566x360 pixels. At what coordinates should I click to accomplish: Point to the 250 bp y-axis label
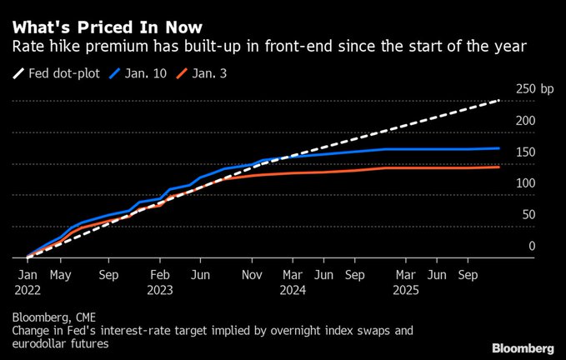pos(534,89)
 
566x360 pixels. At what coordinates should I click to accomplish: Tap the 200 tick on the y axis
pos(526,121)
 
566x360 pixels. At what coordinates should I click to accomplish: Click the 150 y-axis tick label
pos(526,152)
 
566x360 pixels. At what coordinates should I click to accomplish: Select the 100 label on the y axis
pos(526,183)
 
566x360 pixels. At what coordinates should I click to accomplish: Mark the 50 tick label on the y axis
pos(529,215)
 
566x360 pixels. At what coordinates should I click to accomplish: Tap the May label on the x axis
pos(60,272)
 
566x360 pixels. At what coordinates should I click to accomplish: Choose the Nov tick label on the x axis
pos(252,272)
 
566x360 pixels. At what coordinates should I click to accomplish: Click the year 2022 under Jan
pos(28,291)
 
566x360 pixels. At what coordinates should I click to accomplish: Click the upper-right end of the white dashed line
pos(499,100)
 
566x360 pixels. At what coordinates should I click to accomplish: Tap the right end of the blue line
pos(499,148)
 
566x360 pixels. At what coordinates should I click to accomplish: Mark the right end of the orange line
pos(499,167)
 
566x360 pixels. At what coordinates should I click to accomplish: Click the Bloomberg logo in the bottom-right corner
pos(523,347)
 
